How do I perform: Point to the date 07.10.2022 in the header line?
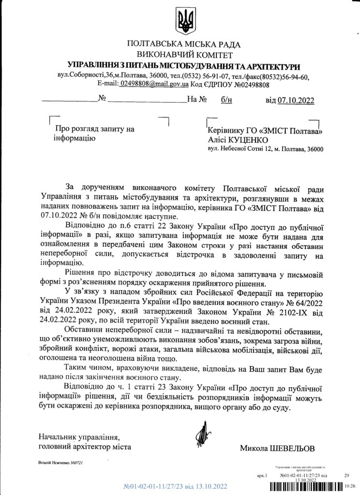pos(296,101)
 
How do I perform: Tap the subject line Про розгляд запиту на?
pos(95,129)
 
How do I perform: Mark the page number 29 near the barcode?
pos(346,476)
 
